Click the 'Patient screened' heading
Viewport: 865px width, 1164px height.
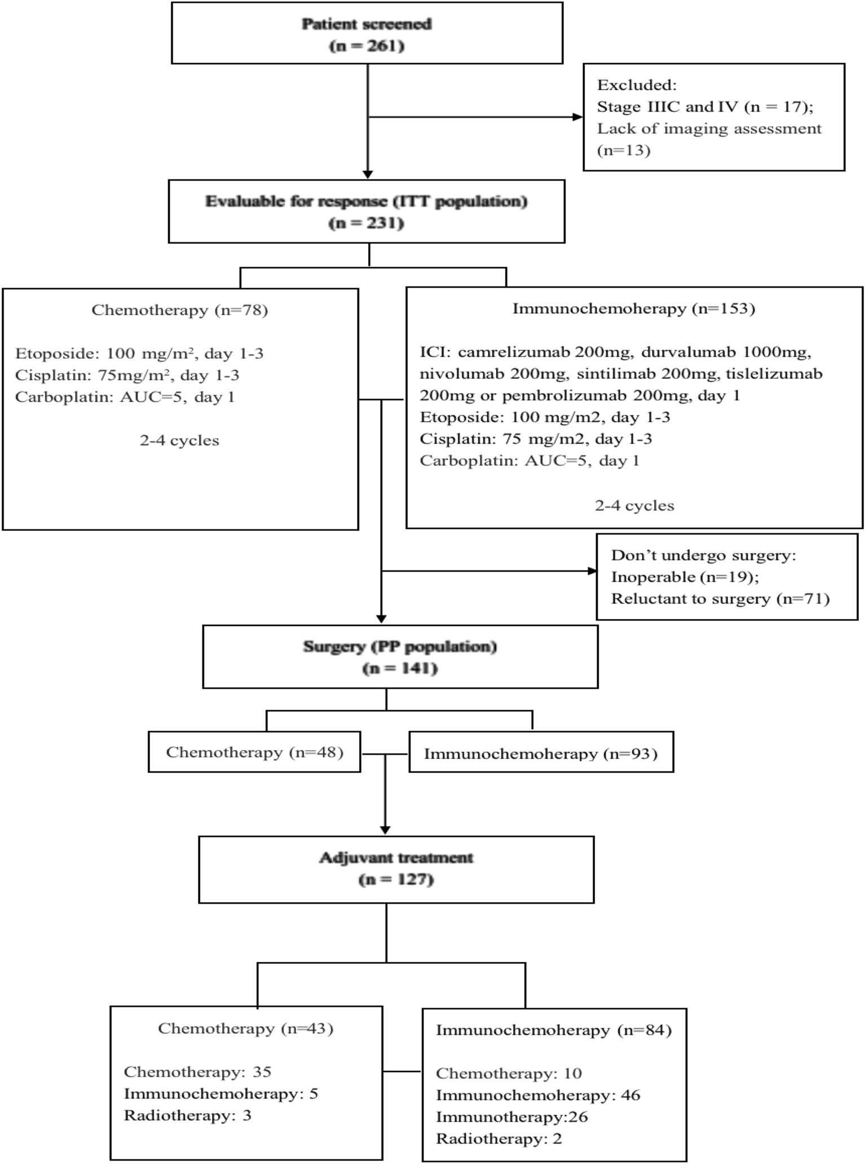point(367,24)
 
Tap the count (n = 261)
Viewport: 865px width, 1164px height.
point(367,46)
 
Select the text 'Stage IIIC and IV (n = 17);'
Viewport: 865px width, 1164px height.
point(705,107)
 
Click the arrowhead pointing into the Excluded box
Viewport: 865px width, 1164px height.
point(577,117)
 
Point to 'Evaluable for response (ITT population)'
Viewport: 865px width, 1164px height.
point(366,202)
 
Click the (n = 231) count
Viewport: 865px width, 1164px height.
point(366,223)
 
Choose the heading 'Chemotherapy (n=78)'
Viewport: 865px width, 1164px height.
point(179,310)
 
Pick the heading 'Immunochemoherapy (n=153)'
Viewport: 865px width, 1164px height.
point(633,308)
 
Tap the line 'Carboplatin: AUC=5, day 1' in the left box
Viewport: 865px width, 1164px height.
point(125,397)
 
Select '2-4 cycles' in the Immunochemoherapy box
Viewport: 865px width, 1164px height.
point(634,505)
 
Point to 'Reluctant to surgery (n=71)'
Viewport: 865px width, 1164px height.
point(720,599)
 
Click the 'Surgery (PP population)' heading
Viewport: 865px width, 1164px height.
point(400,647)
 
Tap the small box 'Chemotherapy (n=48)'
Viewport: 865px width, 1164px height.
point(254,752)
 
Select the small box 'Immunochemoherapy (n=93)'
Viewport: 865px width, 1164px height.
point(541,754)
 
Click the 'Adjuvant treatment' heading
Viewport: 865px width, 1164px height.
point(396,858)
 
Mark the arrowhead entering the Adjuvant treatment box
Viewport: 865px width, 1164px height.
point(385,830)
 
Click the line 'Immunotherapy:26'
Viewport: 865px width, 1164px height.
point(511,1117)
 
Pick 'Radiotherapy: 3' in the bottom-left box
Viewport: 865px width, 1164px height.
point(187,1115)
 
